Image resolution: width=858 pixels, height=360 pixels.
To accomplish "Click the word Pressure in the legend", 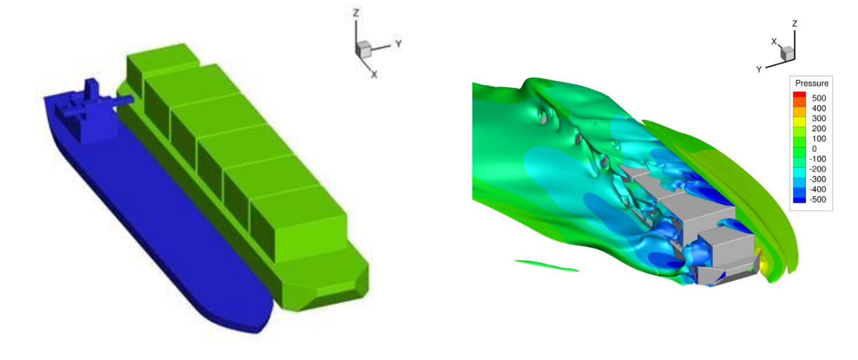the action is click(812, 83).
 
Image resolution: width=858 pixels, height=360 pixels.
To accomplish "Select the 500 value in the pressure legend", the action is click(819, 98).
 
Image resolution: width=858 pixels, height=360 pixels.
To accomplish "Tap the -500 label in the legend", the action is click(818, 199).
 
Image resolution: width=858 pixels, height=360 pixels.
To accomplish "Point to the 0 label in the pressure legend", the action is click(814, 148).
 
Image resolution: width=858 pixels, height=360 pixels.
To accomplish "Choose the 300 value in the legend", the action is click(819, 119).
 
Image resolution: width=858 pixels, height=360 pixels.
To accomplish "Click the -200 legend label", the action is click(818, 169).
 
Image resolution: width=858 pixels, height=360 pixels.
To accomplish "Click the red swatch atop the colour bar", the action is click(799, 94).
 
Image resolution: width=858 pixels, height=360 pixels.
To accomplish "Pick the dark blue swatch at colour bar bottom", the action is click(799, 200).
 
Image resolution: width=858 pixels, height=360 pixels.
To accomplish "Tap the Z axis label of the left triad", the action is click(356, 13).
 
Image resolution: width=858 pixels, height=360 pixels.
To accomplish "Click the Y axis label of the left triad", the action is click(399, 44).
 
